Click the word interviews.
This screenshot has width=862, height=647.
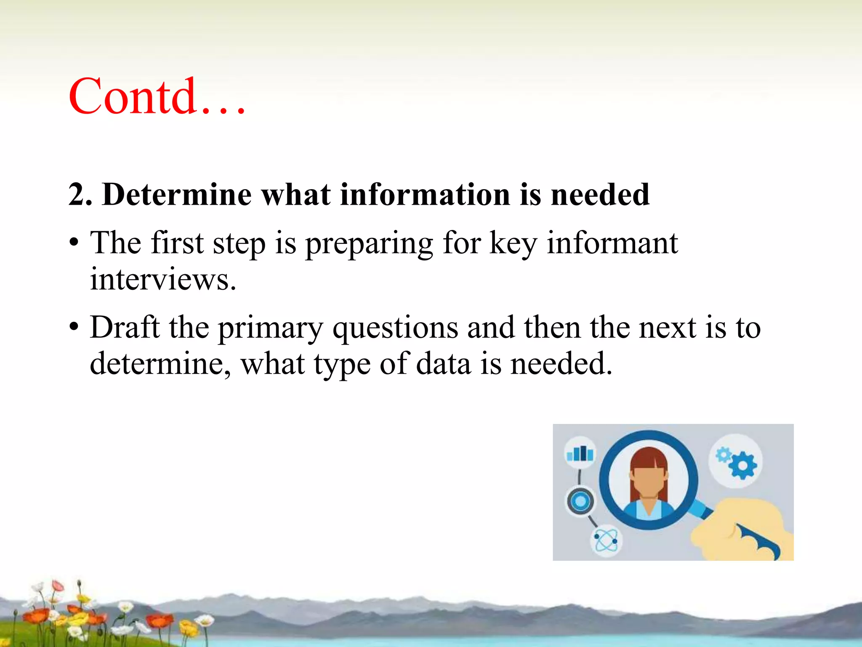click(x=163, y=280)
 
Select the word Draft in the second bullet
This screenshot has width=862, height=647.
click(x=125, y=327)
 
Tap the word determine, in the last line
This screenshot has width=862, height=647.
click(x=160, y=364)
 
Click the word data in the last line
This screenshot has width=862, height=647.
click(x=443, y=364)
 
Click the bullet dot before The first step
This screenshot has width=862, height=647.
click(x=74, y=244)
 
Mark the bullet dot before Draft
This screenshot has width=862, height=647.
click(x=74, y=328)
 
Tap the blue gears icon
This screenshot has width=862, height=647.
click(x=737, y=461)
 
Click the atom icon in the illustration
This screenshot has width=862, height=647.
click(x=606, y=540)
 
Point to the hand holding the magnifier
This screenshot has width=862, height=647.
click(x=741, y=531)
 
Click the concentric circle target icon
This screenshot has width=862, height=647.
click(x=580, y=501)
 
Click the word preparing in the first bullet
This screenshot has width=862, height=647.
click(x=369, y=245)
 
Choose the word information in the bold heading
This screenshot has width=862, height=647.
click(x=425, y=195)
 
